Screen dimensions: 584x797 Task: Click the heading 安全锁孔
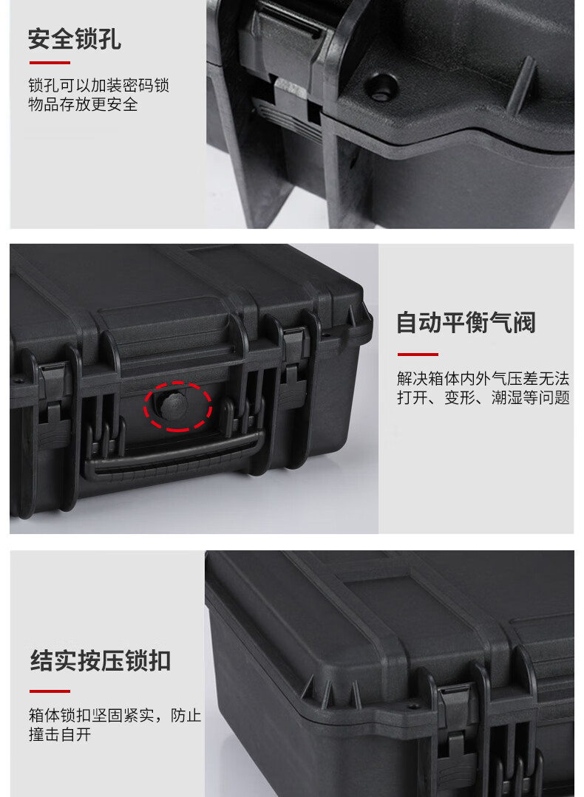(x=75, y=40)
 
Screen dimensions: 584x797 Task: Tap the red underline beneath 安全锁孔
(x=50, y=63)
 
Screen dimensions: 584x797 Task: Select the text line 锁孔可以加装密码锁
(x=99, y=86)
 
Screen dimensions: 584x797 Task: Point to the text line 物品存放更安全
(x=83, y=104)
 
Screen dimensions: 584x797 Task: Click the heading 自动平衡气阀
(x=466, y=323)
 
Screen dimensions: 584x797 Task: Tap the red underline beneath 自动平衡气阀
(x=418, y=355)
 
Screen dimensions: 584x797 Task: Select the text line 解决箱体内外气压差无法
(x=483, y=378)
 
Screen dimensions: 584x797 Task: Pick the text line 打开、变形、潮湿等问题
(x=483, y=397)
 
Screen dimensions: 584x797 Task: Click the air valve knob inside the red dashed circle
(x=174, y=405)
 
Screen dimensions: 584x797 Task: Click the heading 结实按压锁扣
(x=101, y=661)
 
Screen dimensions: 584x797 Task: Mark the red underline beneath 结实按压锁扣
(x=50, y=691)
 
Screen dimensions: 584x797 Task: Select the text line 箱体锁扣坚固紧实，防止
(x=115, y=715)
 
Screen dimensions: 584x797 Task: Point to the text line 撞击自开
(x=60, y=734)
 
